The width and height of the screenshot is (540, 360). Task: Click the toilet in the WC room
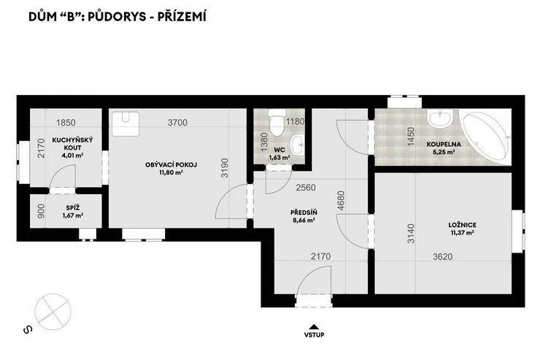277,123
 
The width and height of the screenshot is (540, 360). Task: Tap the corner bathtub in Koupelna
486,136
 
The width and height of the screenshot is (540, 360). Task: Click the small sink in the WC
298,145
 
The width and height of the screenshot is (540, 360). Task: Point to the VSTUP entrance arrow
314,327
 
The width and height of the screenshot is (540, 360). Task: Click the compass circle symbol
53,312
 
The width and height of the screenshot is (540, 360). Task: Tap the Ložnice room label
462,225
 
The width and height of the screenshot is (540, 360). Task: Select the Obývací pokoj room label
171,165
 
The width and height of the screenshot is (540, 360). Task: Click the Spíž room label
73,207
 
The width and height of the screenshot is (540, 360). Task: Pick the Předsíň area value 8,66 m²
304,220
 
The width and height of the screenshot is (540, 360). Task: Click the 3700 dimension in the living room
177,122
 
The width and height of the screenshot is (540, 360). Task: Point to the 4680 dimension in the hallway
341,201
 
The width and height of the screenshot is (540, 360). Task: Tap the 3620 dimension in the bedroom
442,256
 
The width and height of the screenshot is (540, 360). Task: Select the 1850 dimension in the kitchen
66,122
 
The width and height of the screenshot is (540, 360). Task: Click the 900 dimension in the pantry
41,211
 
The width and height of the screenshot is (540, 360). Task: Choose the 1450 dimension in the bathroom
411,137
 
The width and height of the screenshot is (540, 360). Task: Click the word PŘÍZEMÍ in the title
182,17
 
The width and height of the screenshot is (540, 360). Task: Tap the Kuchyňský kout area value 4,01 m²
72,155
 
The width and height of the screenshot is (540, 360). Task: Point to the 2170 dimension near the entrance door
320,256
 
